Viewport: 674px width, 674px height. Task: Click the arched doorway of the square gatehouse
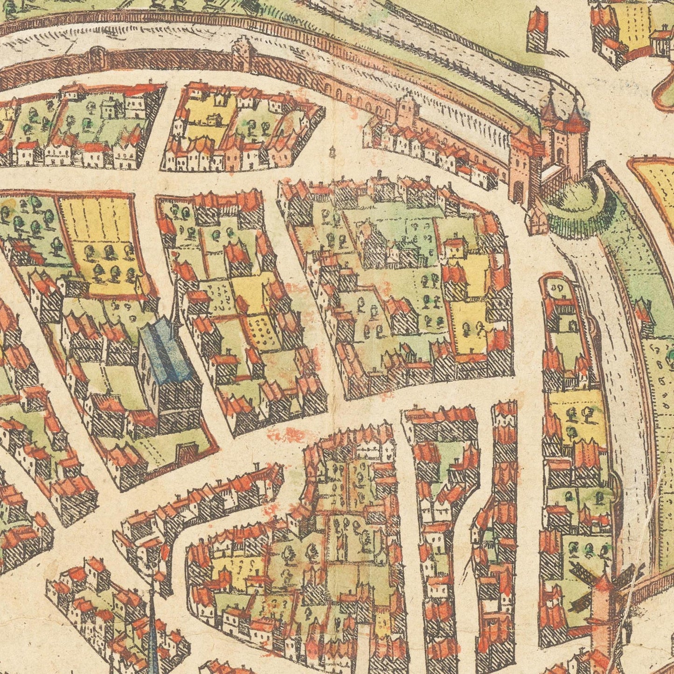tap(518, 188)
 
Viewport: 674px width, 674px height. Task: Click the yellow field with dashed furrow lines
tap(96, 219)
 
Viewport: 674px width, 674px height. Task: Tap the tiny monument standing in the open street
tap(332, 151)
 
